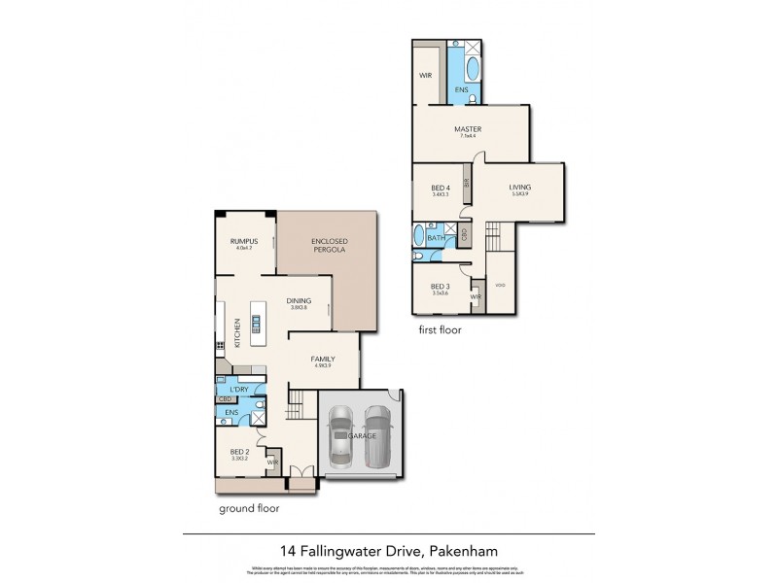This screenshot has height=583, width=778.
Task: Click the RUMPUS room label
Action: coord(242,241)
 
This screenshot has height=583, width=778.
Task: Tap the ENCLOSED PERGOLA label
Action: coord(329,246)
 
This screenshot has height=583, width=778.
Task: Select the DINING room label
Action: coord(299,301)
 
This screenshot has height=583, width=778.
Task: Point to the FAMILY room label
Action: coord(323,360)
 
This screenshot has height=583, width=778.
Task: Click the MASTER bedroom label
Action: coord(468,129)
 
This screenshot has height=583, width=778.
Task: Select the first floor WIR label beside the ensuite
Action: coord(425,75)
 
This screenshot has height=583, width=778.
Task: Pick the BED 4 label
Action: coord(440,189)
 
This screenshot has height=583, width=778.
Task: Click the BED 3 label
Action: coord(442,285)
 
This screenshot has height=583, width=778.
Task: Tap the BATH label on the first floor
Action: coord(436,236)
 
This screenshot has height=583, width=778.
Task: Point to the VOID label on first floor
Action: coord(500,286)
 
